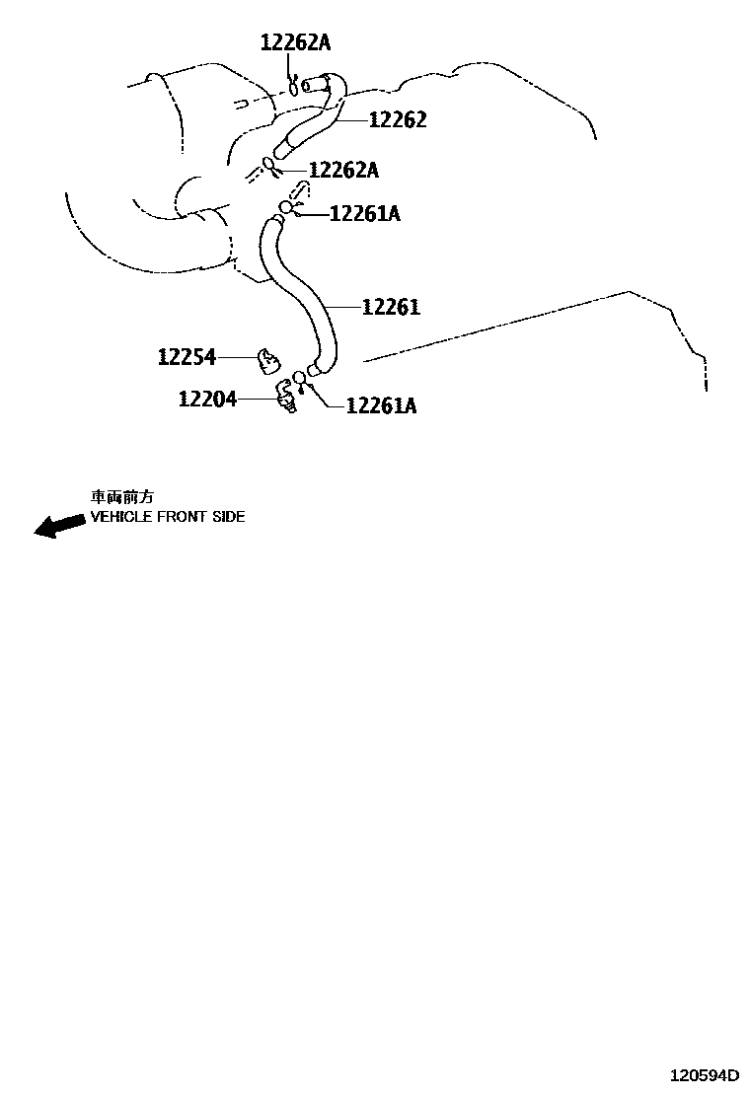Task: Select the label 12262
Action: (398, 119)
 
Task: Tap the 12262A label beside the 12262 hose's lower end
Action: (343, 170)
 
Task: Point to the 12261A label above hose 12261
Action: (364, 213)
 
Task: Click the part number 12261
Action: (391, 307)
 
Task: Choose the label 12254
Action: (187, 356)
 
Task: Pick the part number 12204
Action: (207, 399)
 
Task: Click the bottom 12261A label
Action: (381, 405)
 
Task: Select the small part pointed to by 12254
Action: (266, 360)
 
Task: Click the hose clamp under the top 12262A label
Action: (293, 86)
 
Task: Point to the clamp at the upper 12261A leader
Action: (285, 208)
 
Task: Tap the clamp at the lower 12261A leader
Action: (300, 379)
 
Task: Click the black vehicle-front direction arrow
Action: (59, 525)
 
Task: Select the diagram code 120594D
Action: (705, 1074)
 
